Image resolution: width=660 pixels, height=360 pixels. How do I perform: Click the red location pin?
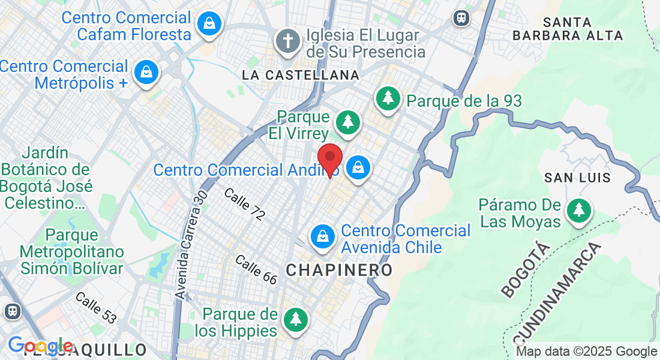point(329,159)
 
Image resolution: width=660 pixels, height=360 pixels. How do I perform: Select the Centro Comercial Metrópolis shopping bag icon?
point(146,73)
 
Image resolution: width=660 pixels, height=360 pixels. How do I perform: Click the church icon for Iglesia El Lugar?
point(288,41)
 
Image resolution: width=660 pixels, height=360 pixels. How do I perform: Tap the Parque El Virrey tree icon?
point(347,122)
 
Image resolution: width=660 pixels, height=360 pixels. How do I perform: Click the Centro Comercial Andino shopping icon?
point(358,168)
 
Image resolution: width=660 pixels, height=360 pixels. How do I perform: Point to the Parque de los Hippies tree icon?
point(295,319)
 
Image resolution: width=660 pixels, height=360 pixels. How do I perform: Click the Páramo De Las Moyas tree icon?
point(578,211)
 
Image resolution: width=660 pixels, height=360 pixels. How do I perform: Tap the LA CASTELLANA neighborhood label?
point(301,75)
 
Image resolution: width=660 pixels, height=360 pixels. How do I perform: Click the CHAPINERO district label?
point(339,270)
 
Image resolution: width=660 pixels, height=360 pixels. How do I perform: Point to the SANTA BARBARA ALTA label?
point(568,29)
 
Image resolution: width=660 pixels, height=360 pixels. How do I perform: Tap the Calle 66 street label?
point(256,269)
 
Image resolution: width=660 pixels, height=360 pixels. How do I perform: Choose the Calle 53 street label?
point(96,307)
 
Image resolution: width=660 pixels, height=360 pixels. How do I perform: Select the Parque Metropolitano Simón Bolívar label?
point(72,251)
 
